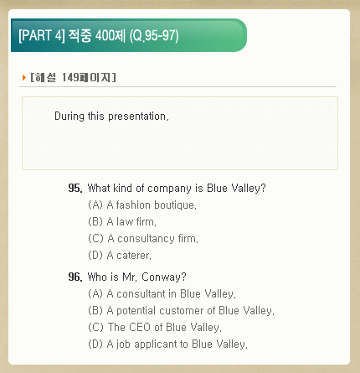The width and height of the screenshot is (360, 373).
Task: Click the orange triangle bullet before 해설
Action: pyautogui.click(x=24, y=77)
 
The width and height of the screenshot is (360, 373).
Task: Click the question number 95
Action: pyautogui.click(x=75, y=188)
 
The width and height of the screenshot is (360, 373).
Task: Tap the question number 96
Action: pyautogui.click(x=75, y=277)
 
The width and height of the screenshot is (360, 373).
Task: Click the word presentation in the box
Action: pyautogui.click(x=138, y=117)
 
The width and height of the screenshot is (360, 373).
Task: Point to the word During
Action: pyautogui.click(x=69, y=117)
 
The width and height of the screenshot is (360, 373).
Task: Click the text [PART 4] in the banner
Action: pyautogui.click(x=42, y=36)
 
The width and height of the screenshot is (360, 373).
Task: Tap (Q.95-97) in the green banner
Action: pyautogui.click(x=154, y=36)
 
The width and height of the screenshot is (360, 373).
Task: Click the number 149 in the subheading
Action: pyautogui.click(x=70, y=77)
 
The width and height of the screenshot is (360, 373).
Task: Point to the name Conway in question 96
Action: pyautogui.click(x=164, y=277)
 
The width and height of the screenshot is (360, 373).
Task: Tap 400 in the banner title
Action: pyautogui.click(x=105, y=36)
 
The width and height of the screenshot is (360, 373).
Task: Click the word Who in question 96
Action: pyautogui.click(x=97, y=277)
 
